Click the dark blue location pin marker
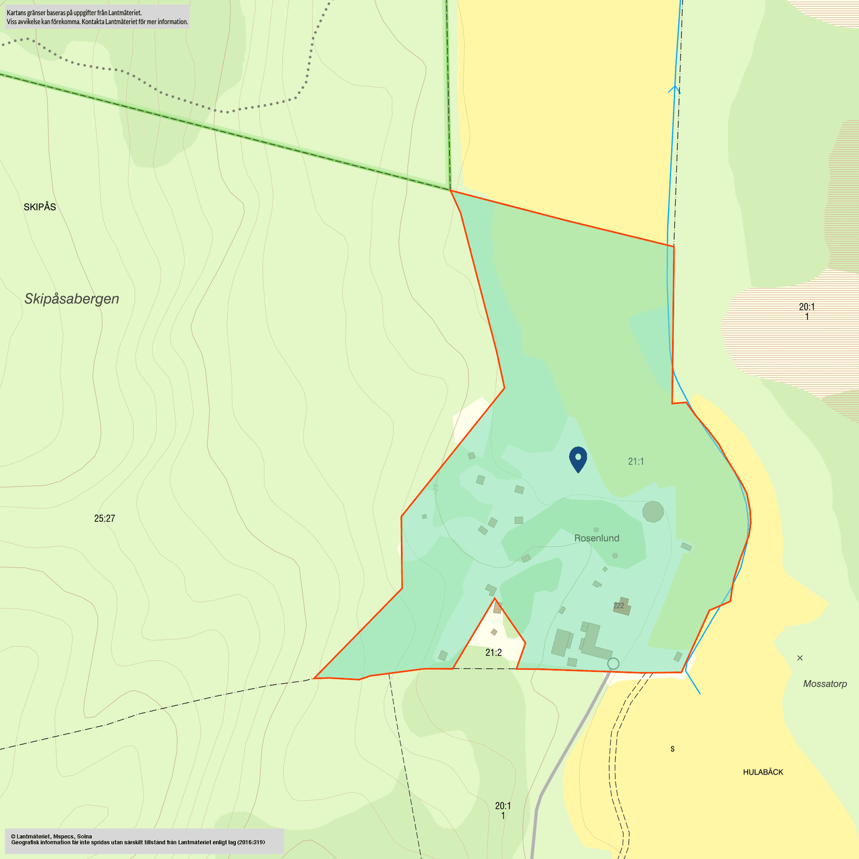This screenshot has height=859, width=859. [x=578, y=459]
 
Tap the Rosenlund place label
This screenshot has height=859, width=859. [x=597, y=538]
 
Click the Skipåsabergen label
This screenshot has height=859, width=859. [x=72, y=299]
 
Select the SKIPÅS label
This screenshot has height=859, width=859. [x=40, y=207]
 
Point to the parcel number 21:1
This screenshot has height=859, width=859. [x=636, y=461]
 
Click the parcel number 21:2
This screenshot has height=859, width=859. [x=494, y=653]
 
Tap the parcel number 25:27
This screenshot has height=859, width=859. [x=105, y=519]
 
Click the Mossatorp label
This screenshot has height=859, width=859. [x=825, y=684]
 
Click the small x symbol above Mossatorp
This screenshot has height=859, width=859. [x=800, y=658]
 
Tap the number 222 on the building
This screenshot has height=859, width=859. [x=618, y=605]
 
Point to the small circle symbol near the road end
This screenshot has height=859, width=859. [x=613, y=663]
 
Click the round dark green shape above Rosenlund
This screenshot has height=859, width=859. [x=653, y=512]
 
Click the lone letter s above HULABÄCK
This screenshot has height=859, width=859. [x=673, y=749]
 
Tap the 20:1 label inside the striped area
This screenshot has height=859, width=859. [x=807, y=307]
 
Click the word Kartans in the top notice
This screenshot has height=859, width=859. [x=16, y=12]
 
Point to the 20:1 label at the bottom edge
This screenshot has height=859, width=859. [x=503, y=806]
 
